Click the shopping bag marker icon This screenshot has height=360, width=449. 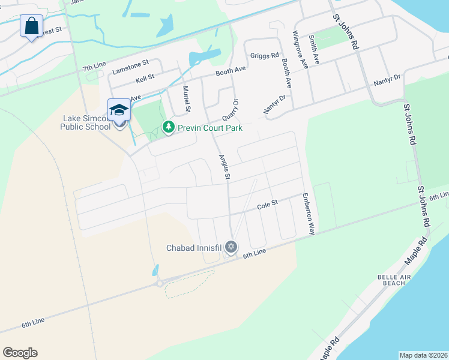pos(31,26)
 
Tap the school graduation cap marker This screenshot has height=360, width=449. pos(119,110)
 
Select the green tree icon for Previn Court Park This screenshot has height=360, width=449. pos(169,127)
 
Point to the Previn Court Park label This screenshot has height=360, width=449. pos(209,128)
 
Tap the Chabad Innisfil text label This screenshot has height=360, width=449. pos(194,247)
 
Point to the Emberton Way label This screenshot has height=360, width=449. pos(309,213)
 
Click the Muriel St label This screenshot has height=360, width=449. pos(187,100)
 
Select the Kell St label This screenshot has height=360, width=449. pos(145,77)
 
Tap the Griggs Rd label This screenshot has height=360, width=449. pos(265,55)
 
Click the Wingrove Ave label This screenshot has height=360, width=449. pos(300,50)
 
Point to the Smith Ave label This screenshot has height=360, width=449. pos(314,50)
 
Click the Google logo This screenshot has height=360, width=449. pos(20,353)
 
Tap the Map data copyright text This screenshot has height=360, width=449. pos(423,355)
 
